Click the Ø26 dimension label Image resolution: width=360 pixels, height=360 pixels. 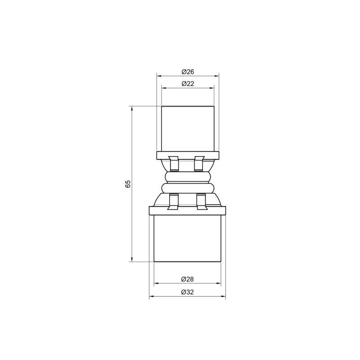187,72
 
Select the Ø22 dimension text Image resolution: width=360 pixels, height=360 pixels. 187,84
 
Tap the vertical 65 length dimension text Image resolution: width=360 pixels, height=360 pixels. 128,184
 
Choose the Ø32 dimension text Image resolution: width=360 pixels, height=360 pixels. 187,292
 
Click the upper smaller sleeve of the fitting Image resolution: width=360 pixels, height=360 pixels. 187,128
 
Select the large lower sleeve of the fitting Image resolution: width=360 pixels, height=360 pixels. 187,238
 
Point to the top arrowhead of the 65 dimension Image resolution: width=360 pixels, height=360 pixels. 132,108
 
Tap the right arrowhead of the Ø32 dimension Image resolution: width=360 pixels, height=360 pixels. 224,297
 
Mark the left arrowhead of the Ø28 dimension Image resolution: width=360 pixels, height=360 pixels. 156,284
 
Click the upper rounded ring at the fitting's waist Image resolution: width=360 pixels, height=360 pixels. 187,176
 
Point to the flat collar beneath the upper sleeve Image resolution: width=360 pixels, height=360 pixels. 187,156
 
